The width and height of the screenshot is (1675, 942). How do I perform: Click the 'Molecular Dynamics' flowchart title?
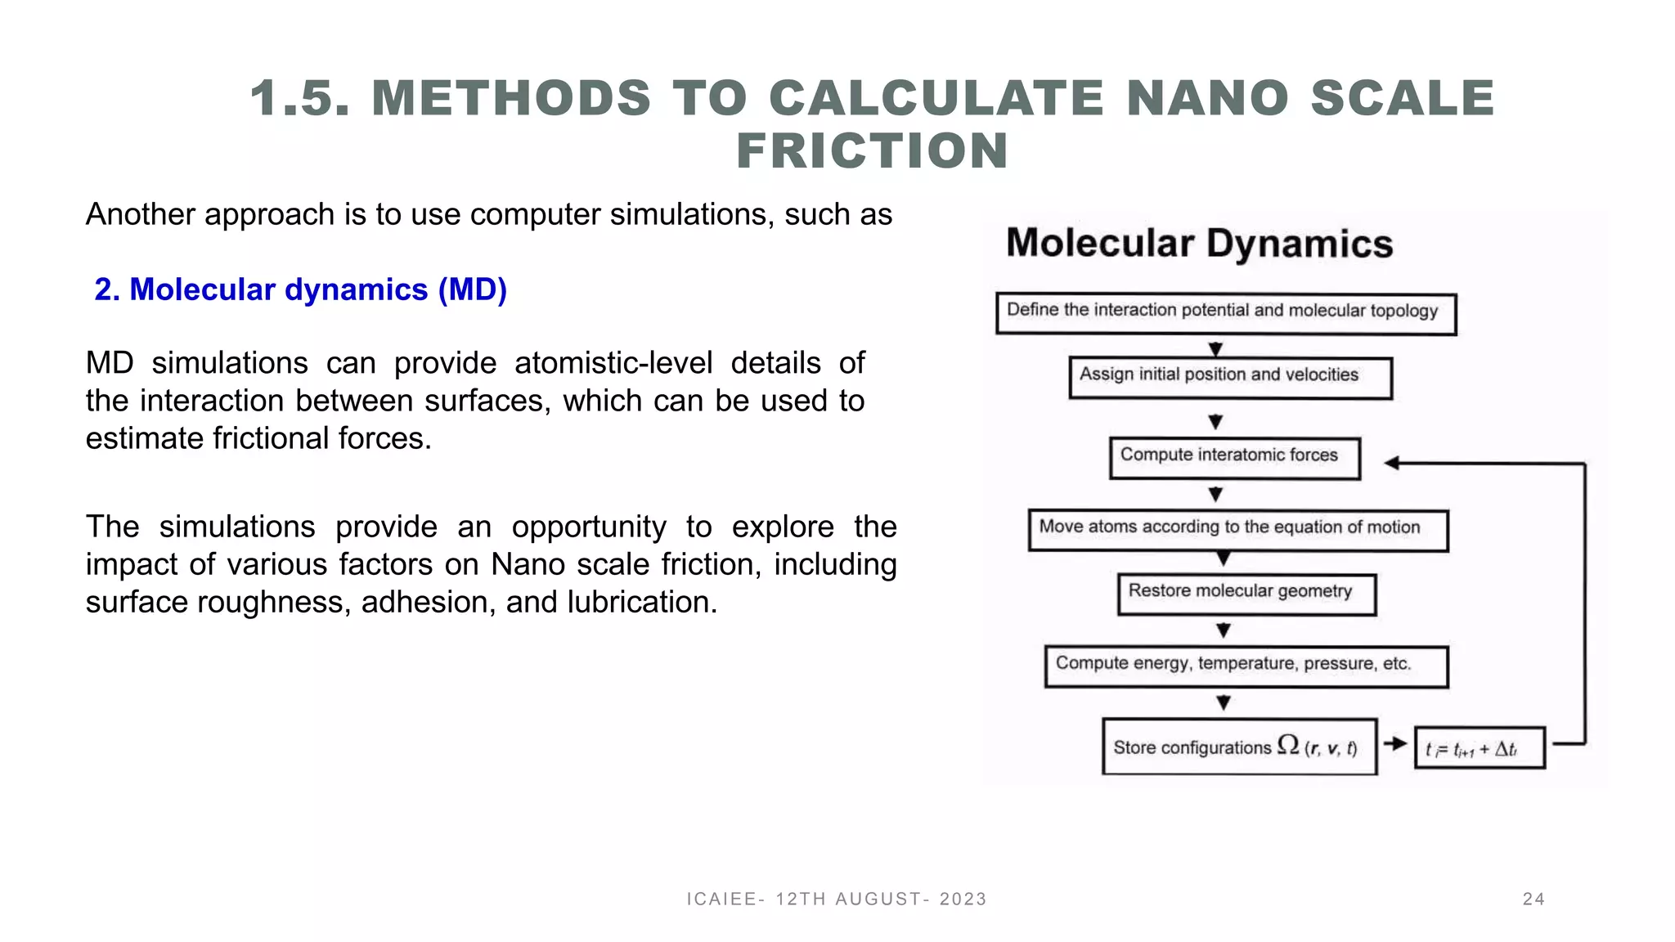[x=1199, y=244]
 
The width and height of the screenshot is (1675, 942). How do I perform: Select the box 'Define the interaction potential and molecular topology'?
[x=1225, y=313]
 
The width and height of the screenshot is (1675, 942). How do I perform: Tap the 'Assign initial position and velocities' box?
[x=1230, y=377]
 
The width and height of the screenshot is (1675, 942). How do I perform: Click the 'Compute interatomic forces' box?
[x=1234, y=458]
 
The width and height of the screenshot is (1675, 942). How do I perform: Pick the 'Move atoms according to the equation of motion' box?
[x=1237, y=530]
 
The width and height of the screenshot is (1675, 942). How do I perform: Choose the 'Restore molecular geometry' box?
[x=1246, y=594]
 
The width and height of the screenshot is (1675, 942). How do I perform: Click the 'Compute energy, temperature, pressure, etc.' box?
[x=1246, y=666]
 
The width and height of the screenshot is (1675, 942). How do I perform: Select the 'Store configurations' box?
[x=1239, y=746]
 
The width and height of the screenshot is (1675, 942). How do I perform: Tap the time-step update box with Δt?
[x=1479, y=748]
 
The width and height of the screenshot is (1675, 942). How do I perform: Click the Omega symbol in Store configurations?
[x=1288, y=744]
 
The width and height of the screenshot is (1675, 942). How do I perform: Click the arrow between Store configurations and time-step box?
[x=1395, y=744]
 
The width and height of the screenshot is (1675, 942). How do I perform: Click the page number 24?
[x=1534, y=899]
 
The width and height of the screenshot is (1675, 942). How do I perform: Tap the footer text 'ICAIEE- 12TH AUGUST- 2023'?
[x=837, y=899]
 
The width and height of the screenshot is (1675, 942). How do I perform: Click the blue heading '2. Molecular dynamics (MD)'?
[x=300, y=290]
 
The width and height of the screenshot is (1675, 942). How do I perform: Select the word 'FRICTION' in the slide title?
[x=872, y=151]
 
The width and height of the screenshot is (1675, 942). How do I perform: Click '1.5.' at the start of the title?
[x=299, y=99]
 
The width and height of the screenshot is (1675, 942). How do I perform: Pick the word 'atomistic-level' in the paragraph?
[x=613, y=363]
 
